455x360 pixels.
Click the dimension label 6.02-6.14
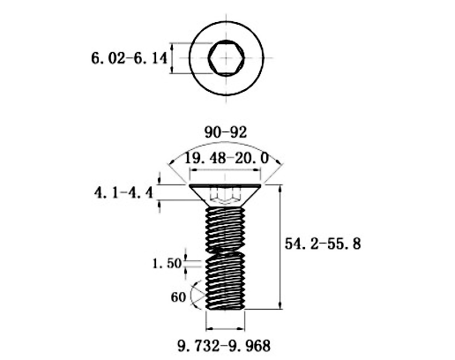129,58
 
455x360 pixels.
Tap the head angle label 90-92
226,132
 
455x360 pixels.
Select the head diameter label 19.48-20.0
226,159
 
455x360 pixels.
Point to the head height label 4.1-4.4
123,193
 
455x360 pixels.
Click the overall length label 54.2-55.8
323,244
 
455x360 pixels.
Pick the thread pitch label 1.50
167,263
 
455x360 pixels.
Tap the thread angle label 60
178,297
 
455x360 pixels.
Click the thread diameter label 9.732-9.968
224,346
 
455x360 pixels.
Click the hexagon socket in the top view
226,57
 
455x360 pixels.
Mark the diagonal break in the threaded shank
226,251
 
